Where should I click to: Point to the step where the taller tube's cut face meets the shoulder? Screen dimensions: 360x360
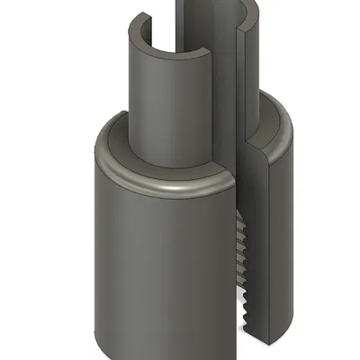coord(245,144)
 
